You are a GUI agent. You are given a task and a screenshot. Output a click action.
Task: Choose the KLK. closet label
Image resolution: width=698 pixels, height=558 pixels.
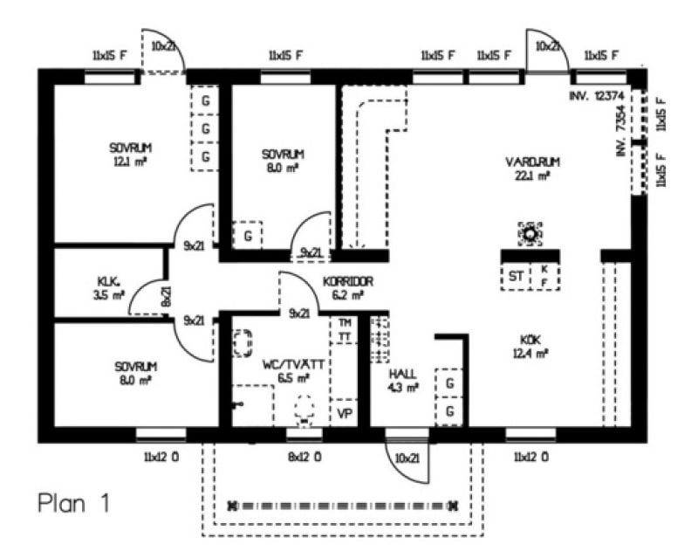[108, 281]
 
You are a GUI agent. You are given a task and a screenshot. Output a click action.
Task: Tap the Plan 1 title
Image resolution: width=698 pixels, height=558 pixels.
[73, 503]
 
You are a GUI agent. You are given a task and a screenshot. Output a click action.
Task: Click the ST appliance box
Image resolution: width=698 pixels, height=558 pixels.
[517, 277]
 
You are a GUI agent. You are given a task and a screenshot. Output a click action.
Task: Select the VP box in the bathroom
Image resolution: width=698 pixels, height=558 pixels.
[344, 413]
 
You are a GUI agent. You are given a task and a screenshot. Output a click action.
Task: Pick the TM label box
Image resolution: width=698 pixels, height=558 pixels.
[346, 321]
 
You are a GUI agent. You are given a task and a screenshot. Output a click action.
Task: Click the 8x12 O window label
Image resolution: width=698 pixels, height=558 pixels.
[305, 456]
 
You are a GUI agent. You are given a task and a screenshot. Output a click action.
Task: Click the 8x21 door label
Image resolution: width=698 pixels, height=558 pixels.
[166, 298]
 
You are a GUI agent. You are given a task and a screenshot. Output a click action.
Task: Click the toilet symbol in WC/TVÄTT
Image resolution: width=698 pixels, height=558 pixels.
[304, 408]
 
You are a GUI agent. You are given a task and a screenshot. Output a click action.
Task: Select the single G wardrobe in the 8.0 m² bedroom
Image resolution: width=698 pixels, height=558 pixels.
[249, 236]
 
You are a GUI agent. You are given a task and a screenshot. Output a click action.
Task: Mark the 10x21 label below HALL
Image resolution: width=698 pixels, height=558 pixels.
[405, 457]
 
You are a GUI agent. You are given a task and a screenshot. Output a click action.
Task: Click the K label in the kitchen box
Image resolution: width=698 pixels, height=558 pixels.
[544, 270]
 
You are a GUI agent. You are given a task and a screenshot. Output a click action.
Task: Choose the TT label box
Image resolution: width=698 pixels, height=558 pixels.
[346, 336]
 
